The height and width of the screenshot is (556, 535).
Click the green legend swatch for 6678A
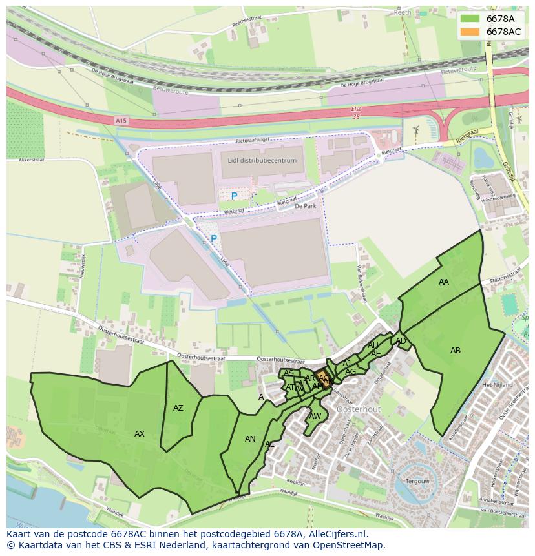[x=470, y=19]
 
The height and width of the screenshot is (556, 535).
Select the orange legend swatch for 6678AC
[x=470, y=32]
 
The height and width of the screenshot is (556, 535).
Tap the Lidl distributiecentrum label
[x=262, y=160]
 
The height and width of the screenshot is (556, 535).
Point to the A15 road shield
[x=121, y=121]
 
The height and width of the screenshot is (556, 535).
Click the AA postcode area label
[x=444, y=282]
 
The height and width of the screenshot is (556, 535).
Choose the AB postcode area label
[x=456, y=351]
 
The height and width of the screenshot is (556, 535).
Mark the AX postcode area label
[x=140, y=434]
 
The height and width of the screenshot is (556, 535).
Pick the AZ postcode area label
[x=178, y=408]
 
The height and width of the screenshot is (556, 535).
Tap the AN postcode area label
[x=250, y=439]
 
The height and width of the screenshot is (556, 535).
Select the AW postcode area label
[x=315, y=417]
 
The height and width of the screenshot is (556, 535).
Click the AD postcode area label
[x=401, y=341]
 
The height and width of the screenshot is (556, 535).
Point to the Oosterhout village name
[x=359, y=409]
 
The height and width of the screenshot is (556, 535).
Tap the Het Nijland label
[x=498, y=385]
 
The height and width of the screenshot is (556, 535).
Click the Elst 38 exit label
[x=356, y=112]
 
